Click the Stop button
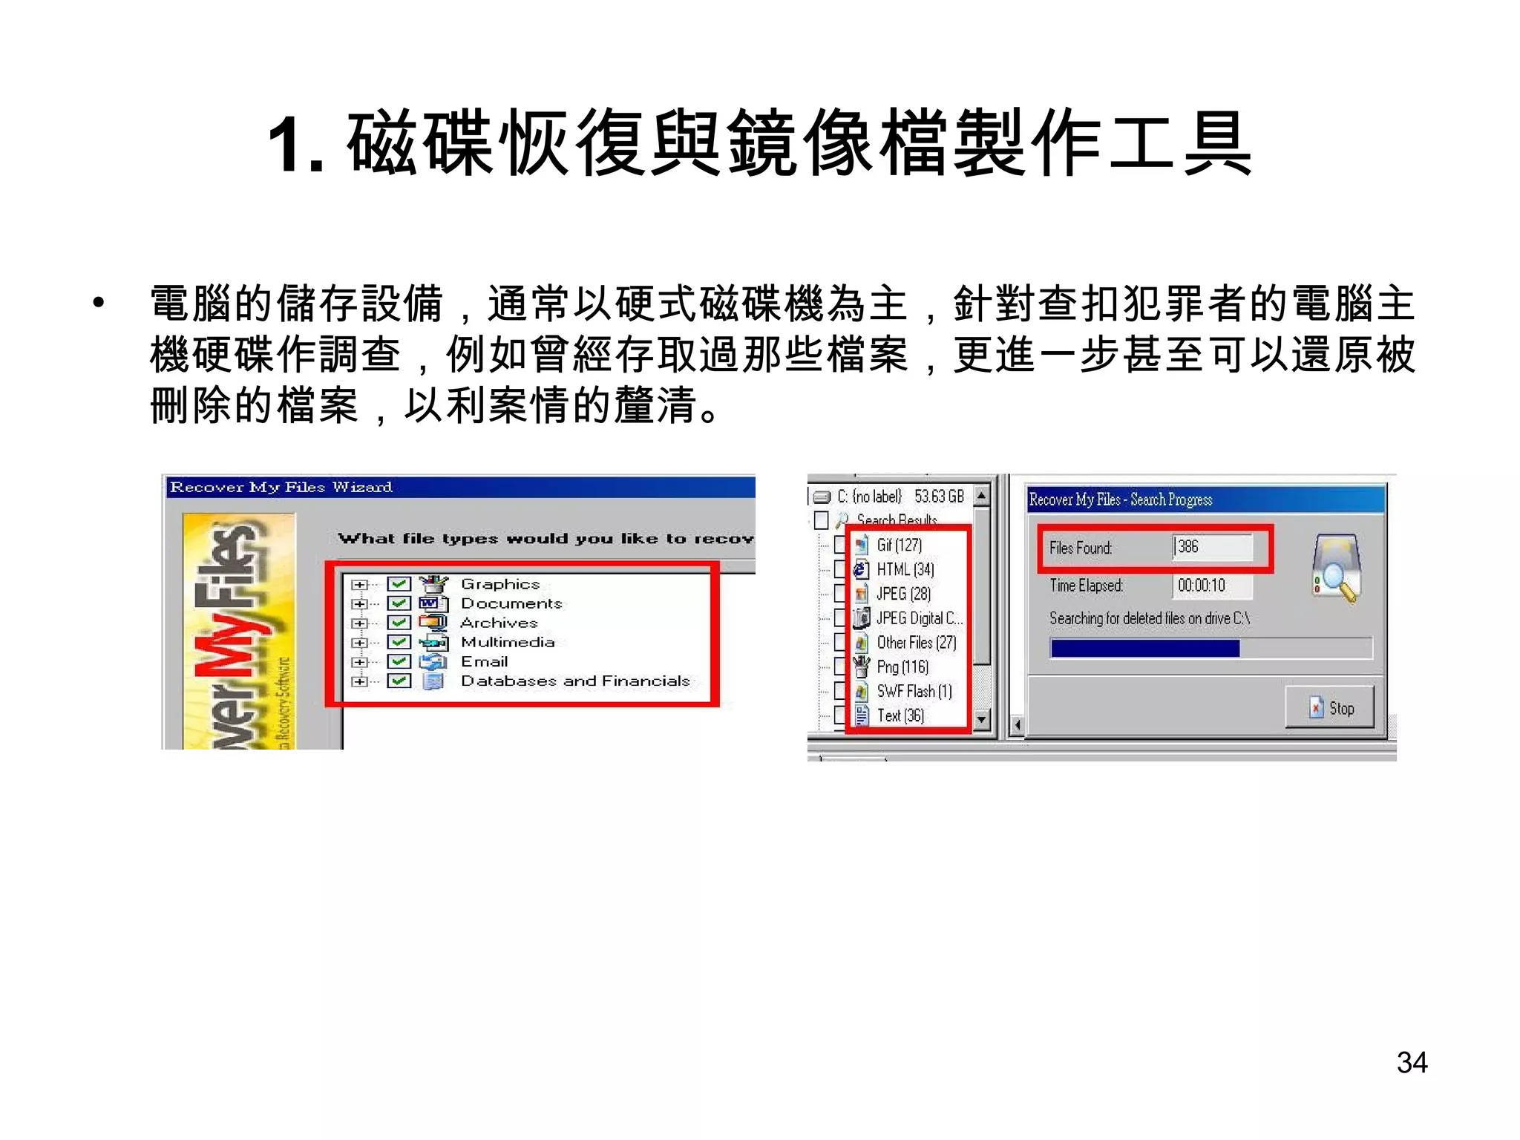pos(1330,708)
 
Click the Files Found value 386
pos(1188,547)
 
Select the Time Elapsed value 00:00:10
pos(1202,586)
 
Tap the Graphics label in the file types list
pos(500,584)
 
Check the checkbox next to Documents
pos(399,603)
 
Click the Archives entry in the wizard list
pos(499,623)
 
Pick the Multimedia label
pos(508,642)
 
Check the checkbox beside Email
pos(399,661)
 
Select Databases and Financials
pos(575,681)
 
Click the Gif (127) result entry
pos(900,546)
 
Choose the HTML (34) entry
pos(905,570)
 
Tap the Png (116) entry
pos(902,667)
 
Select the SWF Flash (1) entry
pos(914,692)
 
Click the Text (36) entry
pos(900,716)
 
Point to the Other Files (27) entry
pos(917,643)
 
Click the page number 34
pos(1412,1063)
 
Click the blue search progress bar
pos(1144,649)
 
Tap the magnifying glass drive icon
pos(1337,568)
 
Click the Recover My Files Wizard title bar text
pos(281,488)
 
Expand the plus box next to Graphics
pos(360,585)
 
